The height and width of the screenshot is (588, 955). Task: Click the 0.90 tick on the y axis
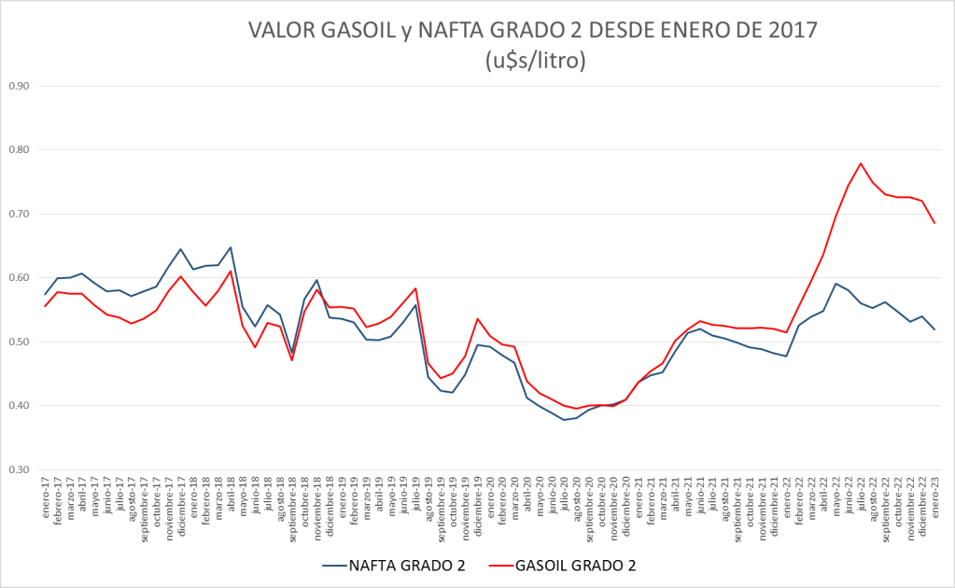[20, 86]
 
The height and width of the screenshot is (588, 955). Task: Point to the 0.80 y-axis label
[20, 149]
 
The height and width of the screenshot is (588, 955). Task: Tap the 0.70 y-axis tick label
[20, 214]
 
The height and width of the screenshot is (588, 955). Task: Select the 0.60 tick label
[20, 278]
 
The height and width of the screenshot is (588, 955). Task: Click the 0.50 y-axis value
[20, 342]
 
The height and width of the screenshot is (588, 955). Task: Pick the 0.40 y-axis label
[20, 406]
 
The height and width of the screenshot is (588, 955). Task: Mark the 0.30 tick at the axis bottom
[20, 469]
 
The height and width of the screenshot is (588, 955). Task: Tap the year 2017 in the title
[789, 31]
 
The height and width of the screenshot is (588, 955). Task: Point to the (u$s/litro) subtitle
[535, 61]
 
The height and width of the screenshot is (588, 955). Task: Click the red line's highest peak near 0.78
[860, 163]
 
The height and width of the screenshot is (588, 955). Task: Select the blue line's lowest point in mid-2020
[563, 420]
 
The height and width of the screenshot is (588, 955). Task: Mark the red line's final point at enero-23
[934, 223]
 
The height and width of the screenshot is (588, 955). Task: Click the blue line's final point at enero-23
[934, 329]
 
